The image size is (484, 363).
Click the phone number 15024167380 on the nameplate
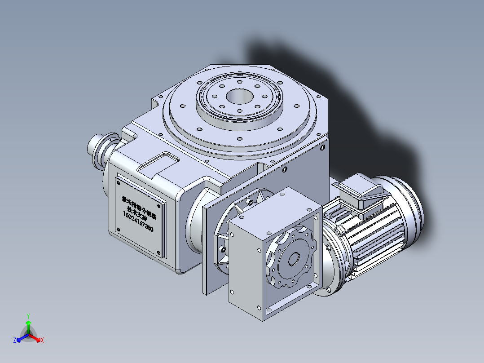138,221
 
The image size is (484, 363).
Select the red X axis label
42,341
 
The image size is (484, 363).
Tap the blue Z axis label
15,341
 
